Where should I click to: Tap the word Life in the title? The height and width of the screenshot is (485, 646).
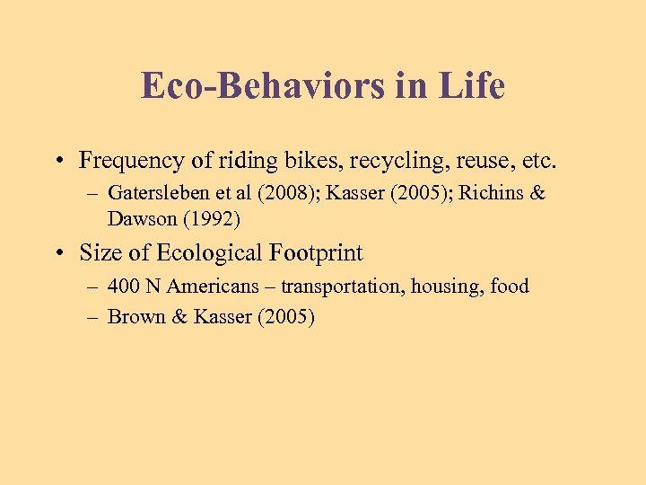[x=472, y=86]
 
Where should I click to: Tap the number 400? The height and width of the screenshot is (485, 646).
[x=122, y=287]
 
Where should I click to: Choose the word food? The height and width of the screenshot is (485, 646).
[x=511, y=287]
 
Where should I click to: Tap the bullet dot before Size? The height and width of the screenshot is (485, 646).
[x=57, y=254]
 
